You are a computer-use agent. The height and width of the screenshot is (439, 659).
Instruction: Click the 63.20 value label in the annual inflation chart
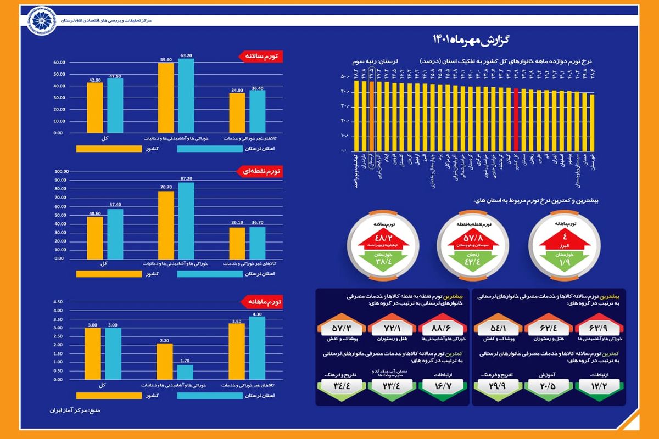tap(187, 55)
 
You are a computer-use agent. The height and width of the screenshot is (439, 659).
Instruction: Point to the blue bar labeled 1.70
tap(185, 373)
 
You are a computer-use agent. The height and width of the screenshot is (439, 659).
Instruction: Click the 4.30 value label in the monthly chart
tap(256, 314)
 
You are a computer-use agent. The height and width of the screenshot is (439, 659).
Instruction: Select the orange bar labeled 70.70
tap(166, 225)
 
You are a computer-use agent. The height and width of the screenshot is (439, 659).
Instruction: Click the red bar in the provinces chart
tap(516, 119)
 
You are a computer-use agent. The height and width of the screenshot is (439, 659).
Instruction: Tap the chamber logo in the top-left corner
tap(20, 18)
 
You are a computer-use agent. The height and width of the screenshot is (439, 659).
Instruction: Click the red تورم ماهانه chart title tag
tap(262, 302)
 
